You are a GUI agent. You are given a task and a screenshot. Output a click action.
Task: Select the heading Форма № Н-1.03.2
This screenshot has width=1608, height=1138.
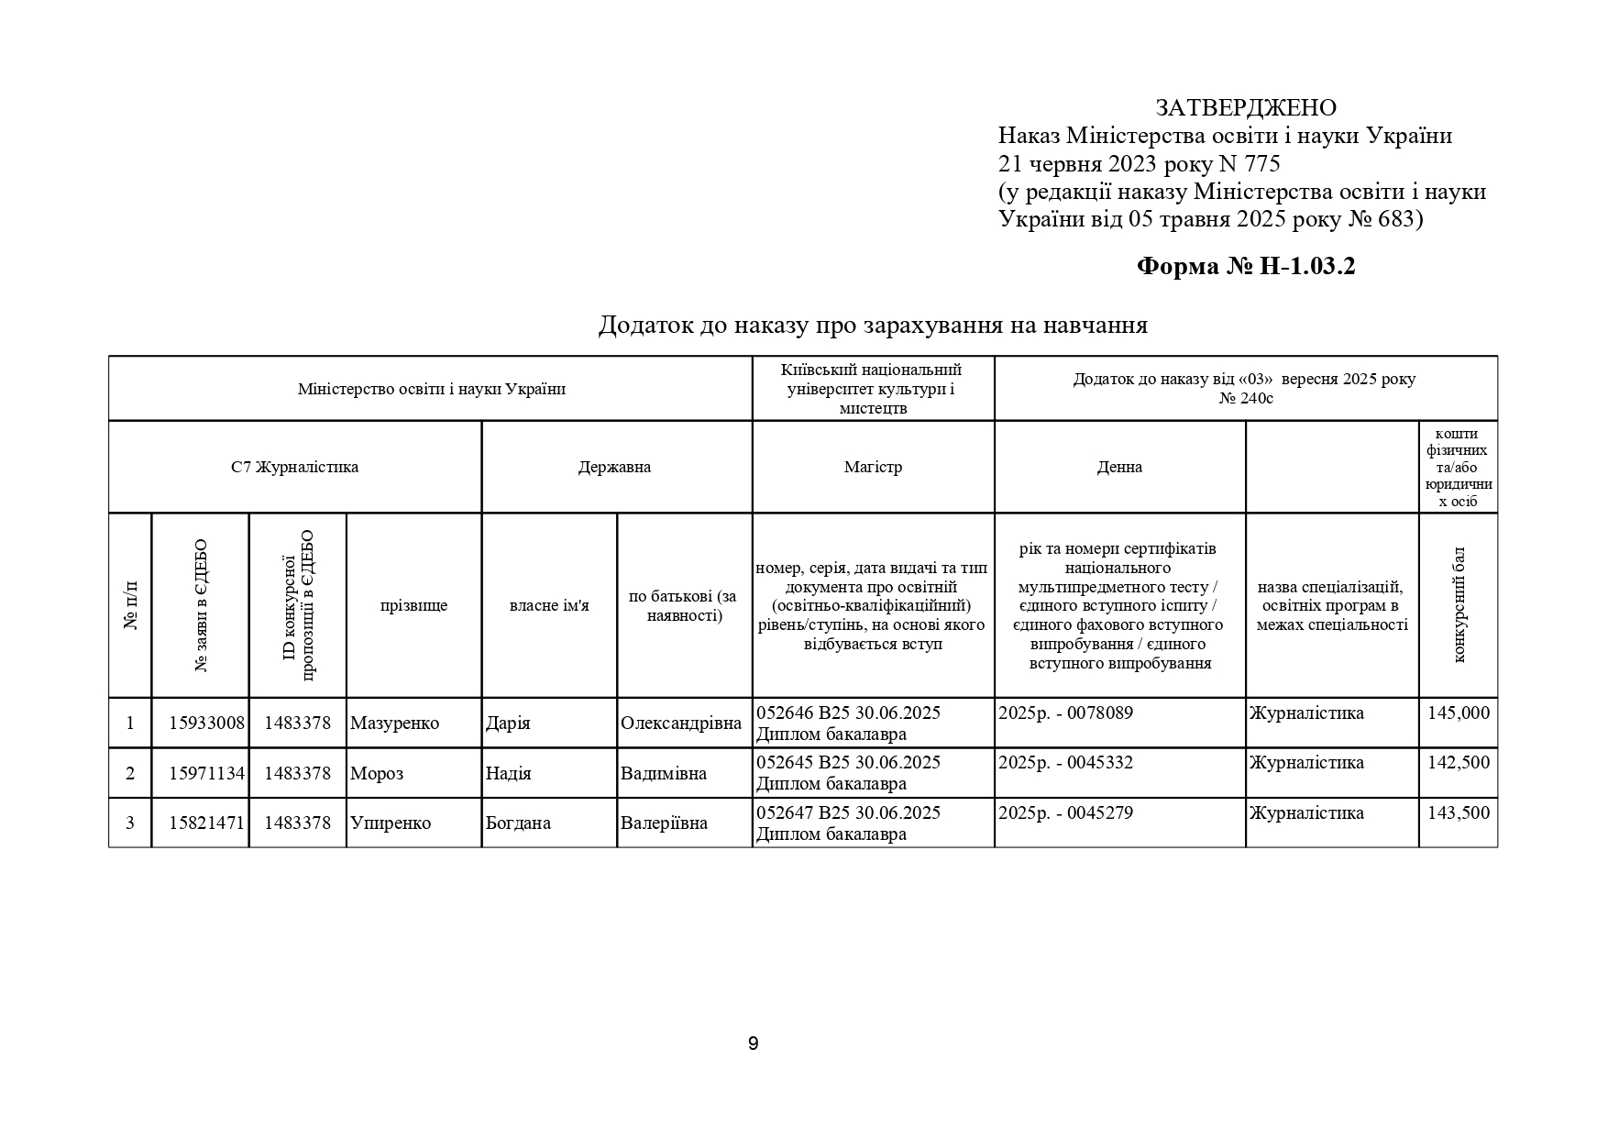(1246, 267)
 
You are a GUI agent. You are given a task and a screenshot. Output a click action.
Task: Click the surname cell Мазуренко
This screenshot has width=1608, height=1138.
(394, 724)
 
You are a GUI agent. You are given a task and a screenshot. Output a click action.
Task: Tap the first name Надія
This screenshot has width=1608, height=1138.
(509, 773)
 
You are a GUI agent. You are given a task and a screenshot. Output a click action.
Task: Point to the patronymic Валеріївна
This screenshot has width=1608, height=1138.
(665, 823)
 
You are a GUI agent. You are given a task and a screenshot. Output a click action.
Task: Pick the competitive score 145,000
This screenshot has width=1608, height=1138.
(1459, 713)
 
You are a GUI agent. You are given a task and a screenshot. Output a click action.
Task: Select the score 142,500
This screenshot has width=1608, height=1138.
(1459, 763)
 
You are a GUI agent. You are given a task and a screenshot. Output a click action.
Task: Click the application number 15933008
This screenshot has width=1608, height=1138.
(207, 724)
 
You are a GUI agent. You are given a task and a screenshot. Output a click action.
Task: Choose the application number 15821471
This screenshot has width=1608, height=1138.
(207, 823)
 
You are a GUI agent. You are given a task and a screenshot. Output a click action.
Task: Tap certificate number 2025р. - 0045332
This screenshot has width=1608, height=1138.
(1065, 763)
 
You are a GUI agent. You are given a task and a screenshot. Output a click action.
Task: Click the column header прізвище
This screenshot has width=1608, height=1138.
(413, 606)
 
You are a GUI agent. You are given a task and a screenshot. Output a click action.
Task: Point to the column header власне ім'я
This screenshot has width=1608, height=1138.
(549, 606)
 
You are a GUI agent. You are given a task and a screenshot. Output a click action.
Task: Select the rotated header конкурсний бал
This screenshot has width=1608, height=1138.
(1459, 605)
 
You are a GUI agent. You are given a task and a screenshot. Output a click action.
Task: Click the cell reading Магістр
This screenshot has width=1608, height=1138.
(873, 467)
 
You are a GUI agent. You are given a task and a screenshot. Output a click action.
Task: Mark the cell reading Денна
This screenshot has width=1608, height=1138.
(1119, 467)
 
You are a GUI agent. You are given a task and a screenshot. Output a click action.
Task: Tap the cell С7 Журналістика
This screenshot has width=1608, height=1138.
(294, 467)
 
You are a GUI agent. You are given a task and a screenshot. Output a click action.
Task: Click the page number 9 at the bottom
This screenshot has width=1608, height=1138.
(754, 1044)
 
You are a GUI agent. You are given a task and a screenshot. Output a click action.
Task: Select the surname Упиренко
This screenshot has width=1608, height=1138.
(391, 823)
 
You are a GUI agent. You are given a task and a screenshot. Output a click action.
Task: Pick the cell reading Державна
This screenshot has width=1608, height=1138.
(615, 467)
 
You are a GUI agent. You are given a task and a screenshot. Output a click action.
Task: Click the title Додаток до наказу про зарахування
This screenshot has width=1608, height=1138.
(872, 326)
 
